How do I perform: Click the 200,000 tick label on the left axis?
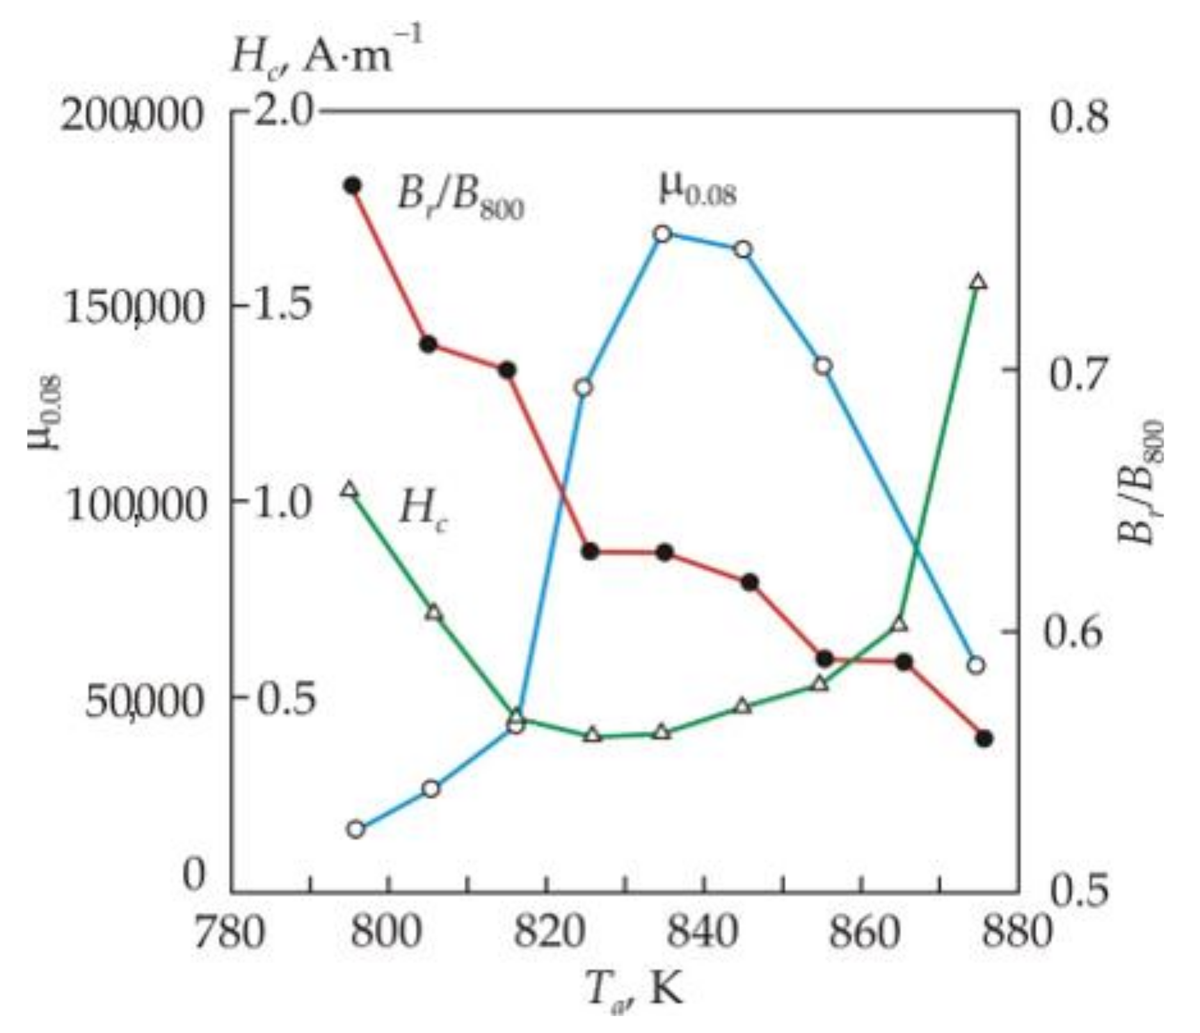(131, 119)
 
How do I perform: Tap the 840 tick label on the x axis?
(703, 933)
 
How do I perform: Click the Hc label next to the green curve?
(423, 510)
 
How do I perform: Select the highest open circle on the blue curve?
(662, 234)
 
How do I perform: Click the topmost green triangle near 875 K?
(977, 282)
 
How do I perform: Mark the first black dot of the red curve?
(352, 186)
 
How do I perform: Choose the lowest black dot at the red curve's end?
(984, 739)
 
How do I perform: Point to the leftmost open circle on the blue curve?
(356, 829)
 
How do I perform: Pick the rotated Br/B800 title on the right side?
(1143, 481)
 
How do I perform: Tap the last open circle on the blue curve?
(975, 665)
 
